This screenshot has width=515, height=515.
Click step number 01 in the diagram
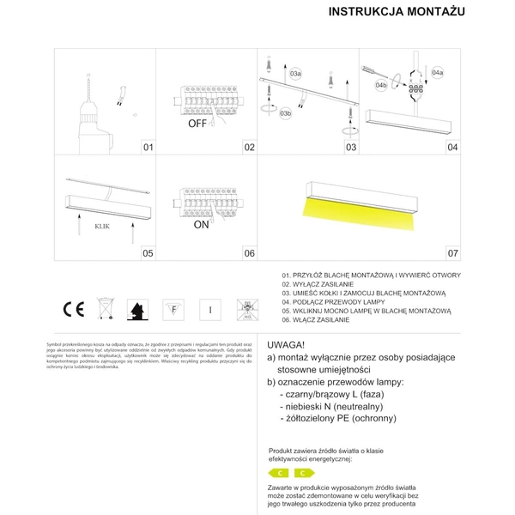coord(148,148)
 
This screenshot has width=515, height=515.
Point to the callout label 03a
coord(295,75)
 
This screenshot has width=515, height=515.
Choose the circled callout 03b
coord(286,112)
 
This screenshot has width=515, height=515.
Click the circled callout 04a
coord(438,73)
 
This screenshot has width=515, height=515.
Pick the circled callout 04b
coord(382,86)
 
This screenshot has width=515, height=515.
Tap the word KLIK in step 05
coord(101,227)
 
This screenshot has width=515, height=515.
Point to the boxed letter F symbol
coord(175,309)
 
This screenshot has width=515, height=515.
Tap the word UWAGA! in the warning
coord(288,342)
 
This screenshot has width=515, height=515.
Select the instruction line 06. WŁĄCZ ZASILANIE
coord(316,318)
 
